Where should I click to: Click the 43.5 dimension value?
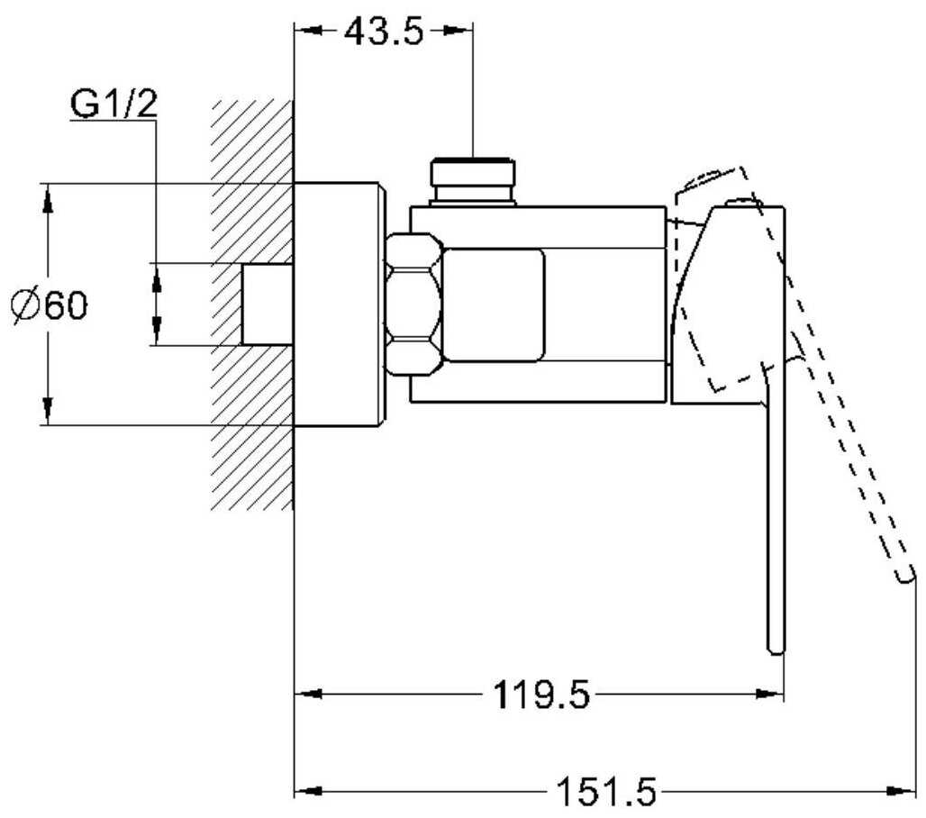[384, 32]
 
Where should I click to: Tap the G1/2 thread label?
[114, 104]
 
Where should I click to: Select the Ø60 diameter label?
[50, 305]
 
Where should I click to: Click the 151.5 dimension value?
[607, 791]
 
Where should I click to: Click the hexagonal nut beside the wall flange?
[414, 304]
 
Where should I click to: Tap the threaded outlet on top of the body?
[472, 181]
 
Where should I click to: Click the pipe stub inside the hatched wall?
[268, 304]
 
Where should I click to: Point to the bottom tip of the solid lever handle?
[776, 651]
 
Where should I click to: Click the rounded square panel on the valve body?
[493, 304]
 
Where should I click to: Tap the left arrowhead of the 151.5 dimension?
[308, 791]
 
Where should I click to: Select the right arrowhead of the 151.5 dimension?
[903, 791]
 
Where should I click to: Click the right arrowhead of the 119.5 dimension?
[770, 694]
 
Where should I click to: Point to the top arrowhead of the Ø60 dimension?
[48, 197]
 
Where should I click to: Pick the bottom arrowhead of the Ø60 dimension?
[48, 411]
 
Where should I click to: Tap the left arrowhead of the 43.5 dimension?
[308, 31]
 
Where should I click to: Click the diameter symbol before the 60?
[26, 306]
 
